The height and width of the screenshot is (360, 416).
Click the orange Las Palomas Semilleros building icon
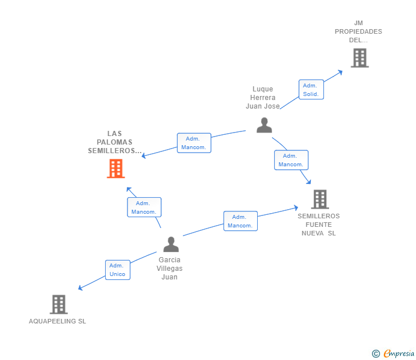point(116,169)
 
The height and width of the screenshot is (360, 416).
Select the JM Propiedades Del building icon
point(359,58)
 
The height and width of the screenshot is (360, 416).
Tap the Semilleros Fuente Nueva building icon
point(319,199)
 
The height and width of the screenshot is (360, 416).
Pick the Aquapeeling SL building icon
point(58,305)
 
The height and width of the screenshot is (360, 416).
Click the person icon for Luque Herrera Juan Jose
point(264,125)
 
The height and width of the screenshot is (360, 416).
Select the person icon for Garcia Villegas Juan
point(171,245)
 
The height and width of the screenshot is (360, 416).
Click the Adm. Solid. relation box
point(311,90)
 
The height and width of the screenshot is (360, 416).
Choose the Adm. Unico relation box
point(118,270)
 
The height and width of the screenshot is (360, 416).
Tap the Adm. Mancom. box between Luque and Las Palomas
point(194,143)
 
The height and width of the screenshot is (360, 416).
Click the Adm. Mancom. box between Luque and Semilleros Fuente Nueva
point(291,160)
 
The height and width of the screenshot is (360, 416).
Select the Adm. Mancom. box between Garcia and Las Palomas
point(144,207)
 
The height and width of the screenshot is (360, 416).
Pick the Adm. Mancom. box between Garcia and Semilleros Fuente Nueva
point(241,221)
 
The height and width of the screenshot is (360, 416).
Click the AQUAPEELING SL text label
point(58,321)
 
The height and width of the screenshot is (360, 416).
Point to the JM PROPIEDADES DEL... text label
point(358,31)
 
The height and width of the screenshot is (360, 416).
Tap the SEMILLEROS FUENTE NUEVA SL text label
point(319,225)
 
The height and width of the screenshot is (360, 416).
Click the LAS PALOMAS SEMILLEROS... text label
point(115,142)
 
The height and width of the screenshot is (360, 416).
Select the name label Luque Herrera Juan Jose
point(263,98)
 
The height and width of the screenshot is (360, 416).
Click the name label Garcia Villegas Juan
point(170,269)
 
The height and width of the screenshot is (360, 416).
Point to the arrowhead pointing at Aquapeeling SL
point(81,288)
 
